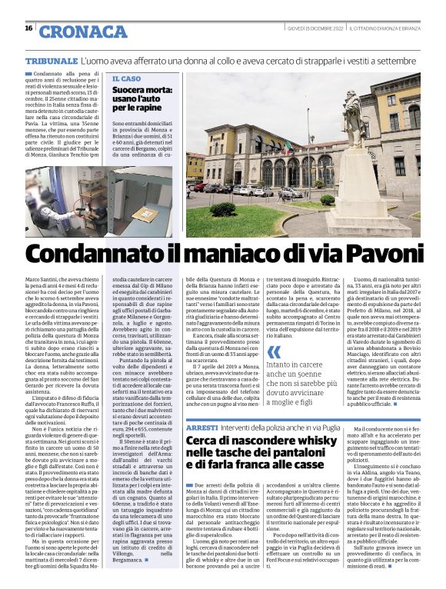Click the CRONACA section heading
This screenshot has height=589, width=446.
[83, 32]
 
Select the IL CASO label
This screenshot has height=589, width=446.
[126, 78]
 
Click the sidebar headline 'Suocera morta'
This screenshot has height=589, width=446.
[142, 91]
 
